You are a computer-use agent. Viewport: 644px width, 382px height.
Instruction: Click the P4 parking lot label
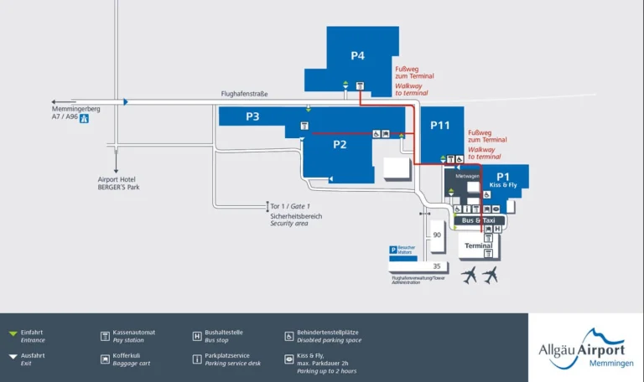click(x=358, y=56)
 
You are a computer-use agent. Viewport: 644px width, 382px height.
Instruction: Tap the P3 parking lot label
click(x=252, y=116)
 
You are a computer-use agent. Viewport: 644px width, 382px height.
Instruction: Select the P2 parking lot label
click(x=340, y=144)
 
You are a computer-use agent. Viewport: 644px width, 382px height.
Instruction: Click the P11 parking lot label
click(x=440, y=125)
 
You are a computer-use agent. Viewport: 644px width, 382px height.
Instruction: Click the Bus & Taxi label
click(x=479, y=220)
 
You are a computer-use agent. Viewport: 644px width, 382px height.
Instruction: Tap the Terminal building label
click(x=479, y=245)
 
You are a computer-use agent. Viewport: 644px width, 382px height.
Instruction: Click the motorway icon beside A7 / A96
click(x=84, y=119)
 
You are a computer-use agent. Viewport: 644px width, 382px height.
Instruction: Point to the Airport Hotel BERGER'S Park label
click(x=118, y=183)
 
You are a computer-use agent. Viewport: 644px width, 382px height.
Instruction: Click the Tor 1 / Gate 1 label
click(x=290, y=206)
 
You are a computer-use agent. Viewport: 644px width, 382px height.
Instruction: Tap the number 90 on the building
click(x=436, y=235)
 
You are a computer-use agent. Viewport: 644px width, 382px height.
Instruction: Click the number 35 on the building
click(x=436, y=266)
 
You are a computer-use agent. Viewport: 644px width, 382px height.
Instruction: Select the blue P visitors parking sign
click(x=392, y=250)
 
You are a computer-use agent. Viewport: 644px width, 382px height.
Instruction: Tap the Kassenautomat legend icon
click(x=105, y=336)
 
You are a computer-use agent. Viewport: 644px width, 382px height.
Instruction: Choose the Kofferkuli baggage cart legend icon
click(x=105, y=358)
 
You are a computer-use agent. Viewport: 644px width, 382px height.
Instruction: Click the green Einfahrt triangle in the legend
click(x=13, y=334)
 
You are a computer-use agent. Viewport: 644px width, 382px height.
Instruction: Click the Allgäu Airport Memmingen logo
click(x=584, y=347)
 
